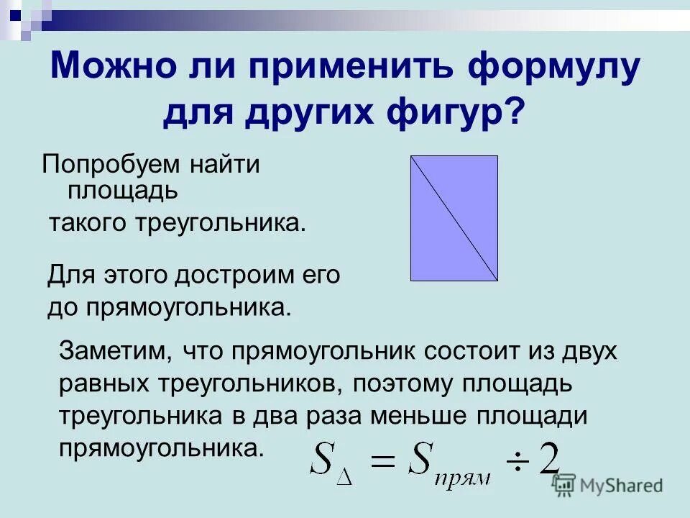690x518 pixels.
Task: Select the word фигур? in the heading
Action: [x=469, y=113]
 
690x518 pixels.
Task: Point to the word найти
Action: [x=224, y=164]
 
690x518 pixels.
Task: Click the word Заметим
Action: [x=114, y=352]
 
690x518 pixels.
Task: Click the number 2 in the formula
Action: [x=550, y=458]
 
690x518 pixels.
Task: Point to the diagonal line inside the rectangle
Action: [x=454, y=218]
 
